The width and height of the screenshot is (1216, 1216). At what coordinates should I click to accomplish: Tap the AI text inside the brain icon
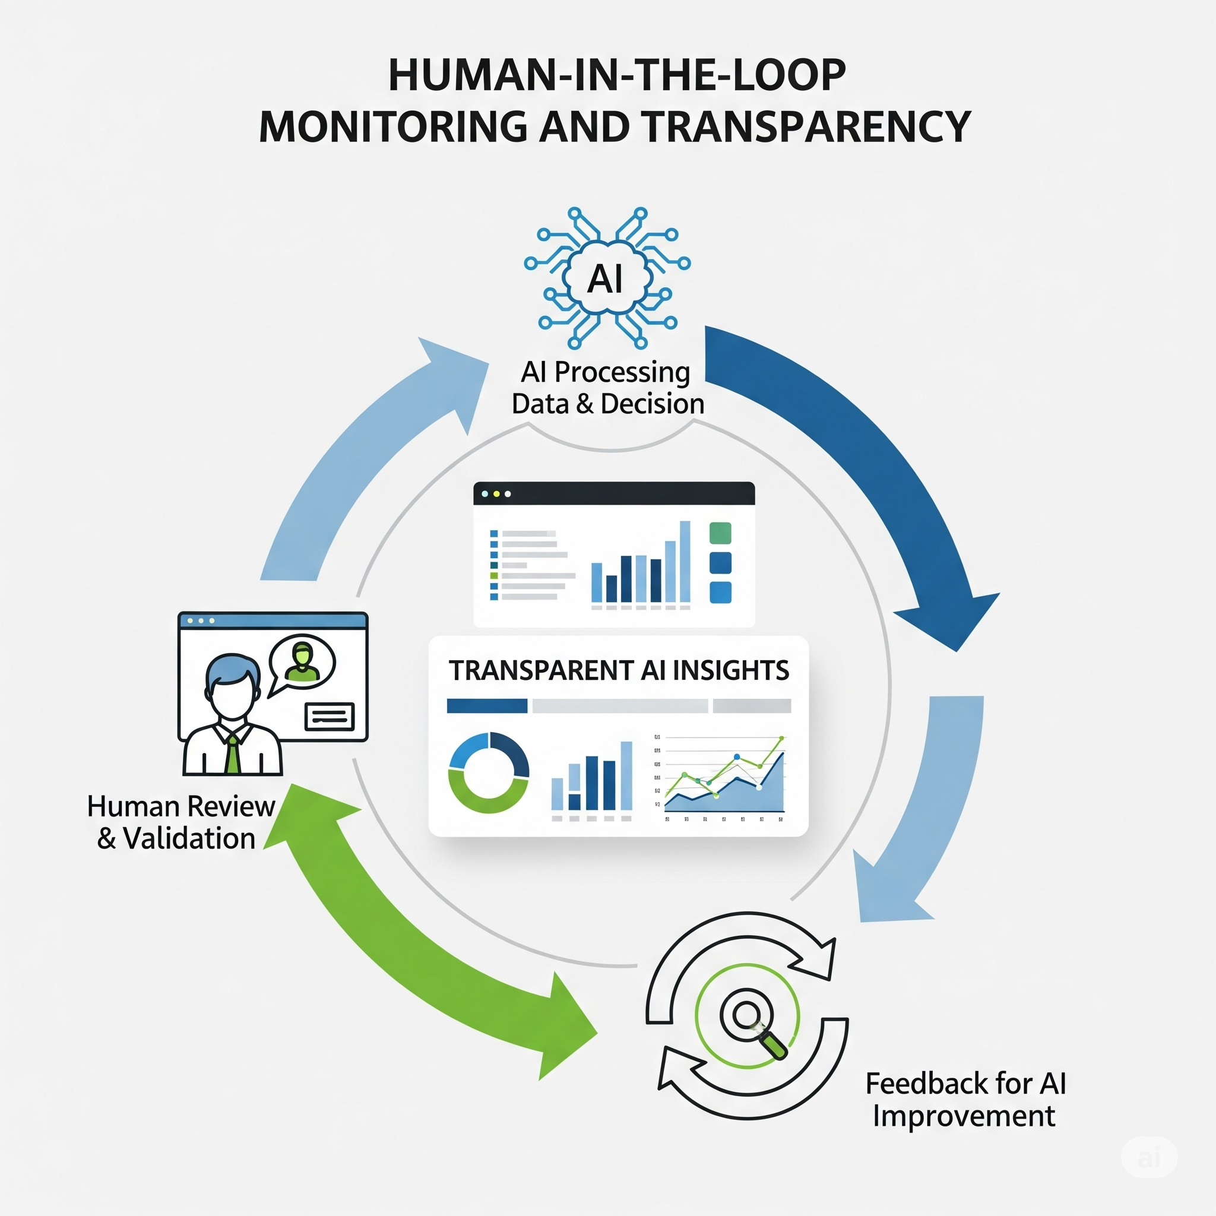605,279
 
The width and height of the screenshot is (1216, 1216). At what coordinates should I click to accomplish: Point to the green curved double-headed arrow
403,932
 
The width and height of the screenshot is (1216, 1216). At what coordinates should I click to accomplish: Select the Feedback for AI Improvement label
965,1100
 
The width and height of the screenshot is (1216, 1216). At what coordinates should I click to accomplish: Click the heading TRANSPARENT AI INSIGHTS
618,671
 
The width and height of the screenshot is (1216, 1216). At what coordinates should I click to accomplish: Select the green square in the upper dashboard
720,533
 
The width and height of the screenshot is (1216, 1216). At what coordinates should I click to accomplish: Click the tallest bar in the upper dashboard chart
685,562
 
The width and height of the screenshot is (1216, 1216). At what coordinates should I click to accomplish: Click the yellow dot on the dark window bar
496,494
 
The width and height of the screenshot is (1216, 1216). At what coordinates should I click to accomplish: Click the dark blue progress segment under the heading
486,706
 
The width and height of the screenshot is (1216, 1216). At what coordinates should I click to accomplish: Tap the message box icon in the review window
329,716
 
